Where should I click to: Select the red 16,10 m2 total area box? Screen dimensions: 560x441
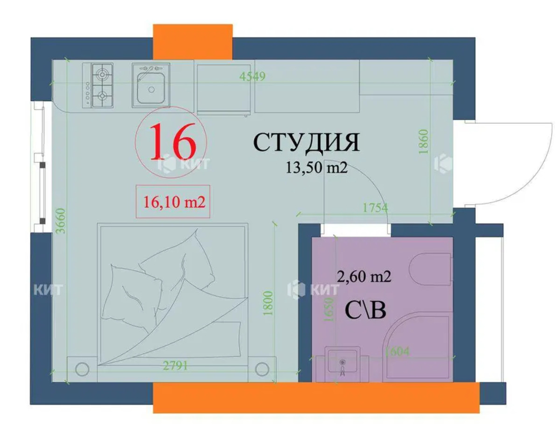coord(173,202)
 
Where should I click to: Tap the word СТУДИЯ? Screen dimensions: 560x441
coord(307,142)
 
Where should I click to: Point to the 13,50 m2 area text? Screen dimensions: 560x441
coord(317,168)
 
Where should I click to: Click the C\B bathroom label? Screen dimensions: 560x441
coord(365,311)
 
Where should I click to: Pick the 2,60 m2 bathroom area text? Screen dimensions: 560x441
coord(364,277)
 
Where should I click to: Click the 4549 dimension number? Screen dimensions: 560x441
coord(252,77)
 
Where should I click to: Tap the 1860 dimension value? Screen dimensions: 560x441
coord(423,141)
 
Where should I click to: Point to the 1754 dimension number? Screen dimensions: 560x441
coord(375,208)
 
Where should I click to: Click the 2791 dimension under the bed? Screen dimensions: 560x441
coord(175,366)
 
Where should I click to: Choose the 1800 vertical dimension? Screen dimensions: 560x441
coord(268,303)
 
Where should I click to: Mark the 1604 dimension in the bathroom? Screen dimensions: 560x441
coord(397,352)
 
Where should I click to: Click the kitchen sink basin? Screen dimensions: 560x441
coord(151,85)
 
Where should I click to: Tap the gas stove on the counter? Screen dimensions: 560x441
coord(98,85)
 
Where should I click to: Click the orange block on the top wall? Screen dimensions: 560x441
coord(193,42)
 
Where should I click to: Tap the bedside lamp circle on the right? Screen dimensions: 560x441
coord(262,369)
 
